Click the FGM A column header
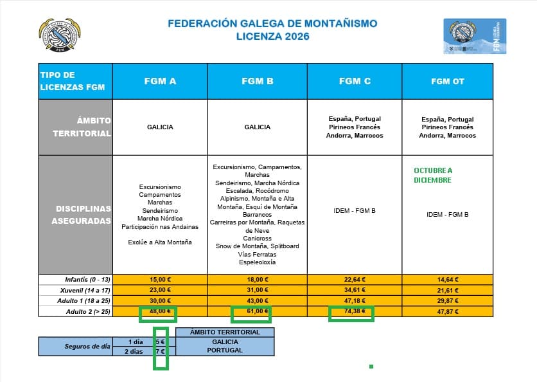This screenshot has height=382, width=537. (160, 81)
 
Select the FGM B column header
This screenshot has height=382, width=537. (258, 81)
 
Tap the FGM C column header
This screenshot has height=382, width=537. (355, 81)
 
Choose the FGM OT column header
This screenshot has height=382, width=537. (448, 81)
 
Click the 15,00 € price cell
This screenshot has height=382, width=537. (160, 280)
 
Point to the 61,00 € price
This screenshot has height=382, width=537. (252, 311)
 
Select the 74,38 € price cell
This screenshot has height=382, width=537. (355, 311)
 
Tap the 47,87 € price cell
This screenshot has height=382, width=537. (448, 311)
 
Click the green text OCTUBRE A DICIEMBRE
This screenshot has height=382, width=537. (433, 175)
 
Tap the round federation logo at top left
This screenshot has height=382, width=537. (60, 35)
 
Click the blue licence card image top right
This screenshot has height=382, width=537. (474, 36)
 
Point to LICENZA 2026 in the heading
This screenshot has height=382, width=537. (272, 37)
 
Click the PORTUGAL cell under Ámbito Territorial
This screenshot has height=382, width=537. (225, 350)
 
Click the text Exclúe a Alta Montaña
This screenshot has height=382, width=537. (160, 242)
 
